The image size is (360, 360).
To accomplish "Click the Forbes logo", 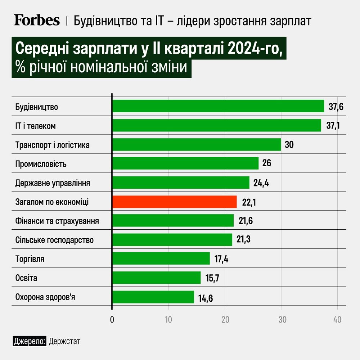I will [x=37, y=21].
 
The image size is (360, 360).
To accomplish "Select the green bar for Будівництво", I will [x=218, y=106].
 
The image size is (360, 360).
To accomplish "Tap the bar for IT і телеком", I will [x=216, y=125].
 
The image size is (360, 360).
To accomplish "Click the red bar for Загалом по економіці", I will [x=175, y=202].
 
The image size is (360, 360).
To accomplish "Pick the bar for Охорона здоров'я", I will [x=153, y=297].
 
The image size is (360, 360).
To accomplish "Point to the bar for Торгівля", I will [x=161, y=258].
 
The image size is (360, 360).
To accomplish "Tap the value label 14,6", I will [x=206, y=298].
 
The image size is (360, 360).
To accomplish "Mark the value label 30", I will [x=289, y=145].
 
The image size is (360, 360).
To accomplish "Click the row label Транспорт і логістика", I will [x=53, y=145].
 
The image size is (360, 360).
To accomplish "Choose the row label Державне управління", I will [x=53, y=183].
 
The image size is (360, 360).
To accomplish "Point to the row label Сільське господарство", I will [x=54, y=240].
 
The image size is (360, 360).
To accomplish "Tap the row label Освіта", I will [x=26, y=278].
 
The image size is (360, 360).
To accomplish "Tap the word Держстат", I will [x=64, y=341].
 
